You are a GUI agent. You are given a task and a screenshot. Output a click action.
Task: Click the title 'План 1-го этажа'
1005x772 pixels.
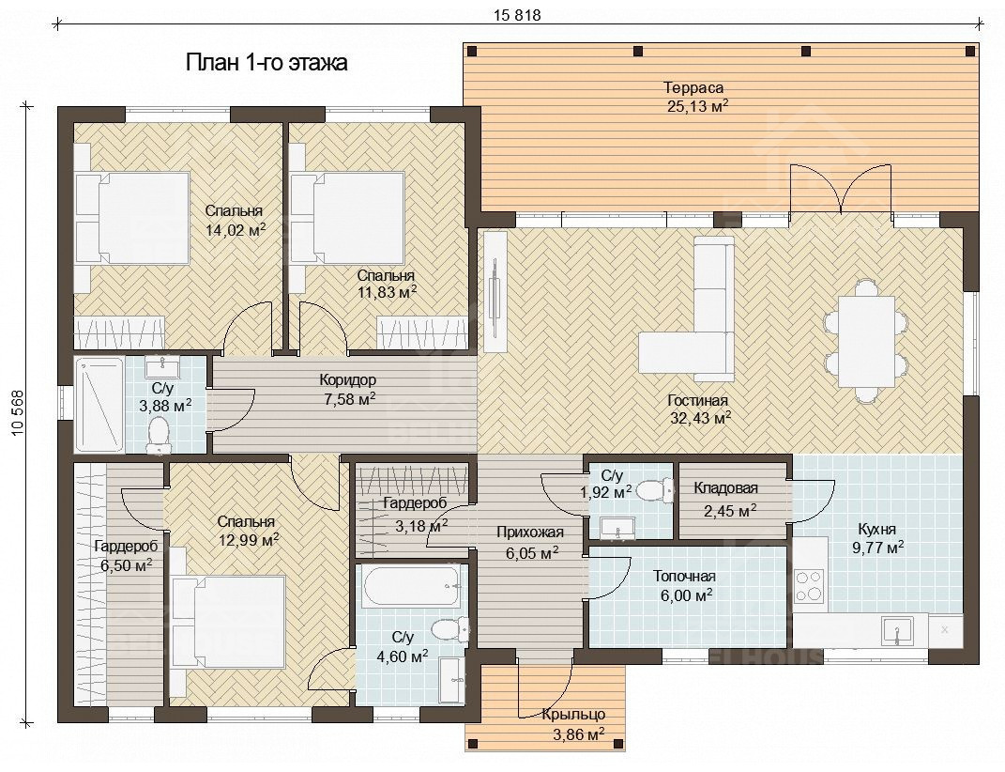click(x=266, y=63)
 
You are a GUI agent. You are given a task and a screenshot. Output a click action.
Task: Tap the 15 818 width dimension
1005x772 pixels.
click(x=517, y=15)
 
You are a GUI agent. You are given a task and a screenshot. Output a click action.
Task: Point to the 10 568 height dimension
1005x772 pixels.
click(x=17, y=413)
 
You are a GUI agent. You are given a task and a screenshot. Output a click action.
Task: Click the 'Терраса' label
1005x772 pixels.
click(x=693, y=87)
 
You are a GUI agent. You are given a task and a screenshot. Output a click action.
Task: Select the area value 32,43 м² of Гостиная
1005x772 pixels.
click(x=698, y=418)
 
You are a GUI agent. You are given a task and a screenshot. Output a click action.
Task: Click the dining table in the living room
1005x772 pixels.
click(x=866, y=341)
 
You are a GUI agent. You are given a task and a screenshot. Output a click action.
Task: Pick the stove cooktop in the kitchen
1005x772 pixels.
click(x=808, y=585)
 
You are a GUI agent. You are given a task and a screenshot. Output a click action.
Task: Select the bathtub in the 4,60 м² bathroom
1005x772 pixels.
click(x=411, y=586)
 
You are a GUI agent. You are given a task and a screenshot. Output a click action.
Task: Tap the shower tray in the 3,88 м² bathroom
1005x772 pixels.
click(x=99, y=405)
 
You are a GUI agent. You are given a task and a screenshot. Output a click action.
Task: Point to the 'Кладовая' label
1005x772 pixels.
click(x=725, y=488)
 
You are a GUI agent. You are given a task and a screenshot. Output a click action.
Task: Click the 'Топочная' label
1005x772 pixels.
click(x=684, y=577)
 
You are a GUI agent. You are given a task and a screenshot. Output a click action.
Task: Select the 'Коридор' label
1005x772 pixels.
click(x=347, y=380)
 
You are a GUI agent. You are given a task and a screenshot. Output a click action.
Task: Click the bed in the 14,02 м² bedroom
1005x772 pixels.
click(x=133, y=218)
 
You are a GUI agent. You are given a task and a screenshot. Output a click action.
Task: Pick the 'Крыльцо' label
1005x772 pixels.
click(x=573, y=715)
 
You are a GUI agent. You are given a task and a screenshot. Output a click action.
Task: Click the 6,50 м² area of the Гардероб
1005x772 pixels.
click(x=127, y=564)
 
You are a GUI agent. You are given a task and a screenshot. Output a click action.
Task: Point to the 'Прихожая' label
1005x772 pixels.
click(x=530, y=532)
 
